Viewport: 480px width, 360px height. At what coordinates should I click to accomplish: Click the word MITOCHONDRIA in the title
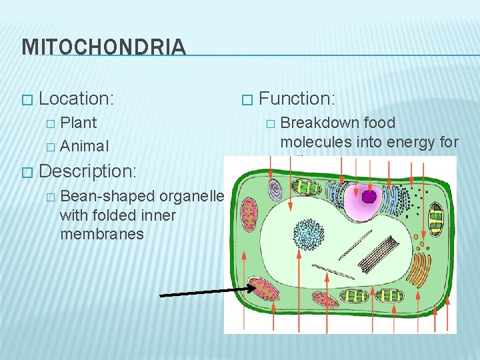pyautogui.click(x=103, y=47)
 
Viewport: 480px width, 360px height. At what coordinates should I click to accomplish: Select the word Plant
pyautogui.click(x=79, y=123)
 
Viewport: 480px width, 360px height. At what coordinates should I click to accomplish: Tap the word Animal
pyautogui.click(x=84, y=145)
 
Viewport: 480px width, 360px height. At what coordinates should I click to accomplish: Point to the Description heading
pyautogui.click(x=87, y=171)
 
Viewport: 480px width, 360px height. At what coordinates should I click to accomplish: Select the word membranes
pyautogui.click(x=101, y=234)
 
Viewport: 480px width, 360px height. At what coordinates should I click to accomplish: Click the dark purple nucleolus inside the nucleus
pyautogui.click(x=369, y=197)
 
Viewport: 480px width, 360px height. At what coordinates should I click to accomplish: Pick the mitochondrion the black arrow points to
pyautogui.click(x=265, y=291)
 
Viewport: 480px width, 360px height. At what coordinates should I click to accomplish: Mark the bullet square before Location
pyautogui.click(x=27, y=100)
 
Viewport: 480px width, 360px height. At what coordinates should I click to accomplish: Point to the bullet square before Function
pyautogui.click(x=247, y=100)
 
